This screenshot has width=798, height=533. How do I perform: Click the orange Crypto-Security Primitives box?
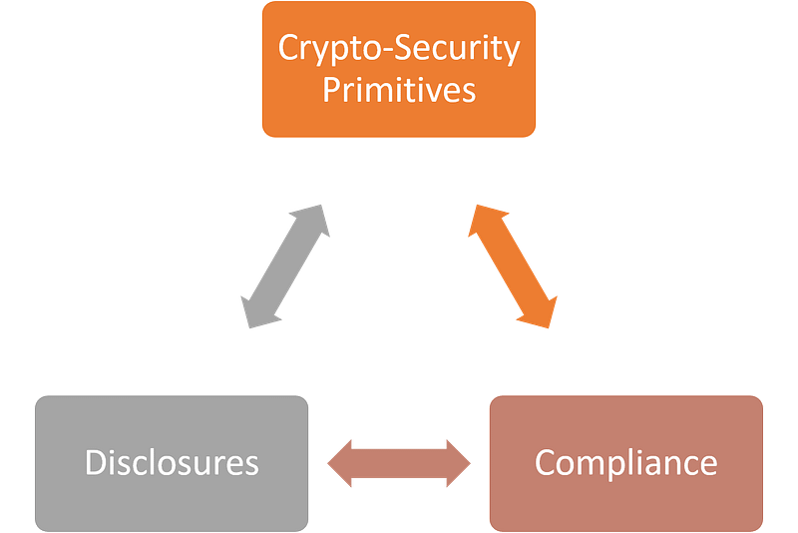click(x=398, y=69)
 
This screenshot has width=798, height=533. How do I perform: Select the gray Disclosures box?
click(x=172, y=463)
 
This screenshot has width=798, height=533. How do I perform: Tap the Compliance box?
click(x=626, y=463)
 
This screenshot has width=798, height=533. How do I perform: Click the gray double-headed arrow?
click(x=285, y=266)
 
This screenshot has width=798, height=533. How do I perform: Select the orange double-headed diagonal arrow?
click(x=513, y=266)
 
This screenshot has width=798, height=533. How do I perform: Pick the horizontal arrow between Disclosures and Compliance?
click(x=399, y=463)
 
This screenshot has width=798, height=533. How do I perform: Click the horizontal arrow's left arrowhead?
click(x=339, y=463)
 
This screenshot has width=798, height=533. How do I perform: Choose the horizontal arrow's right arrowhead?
click(x=459, y=463)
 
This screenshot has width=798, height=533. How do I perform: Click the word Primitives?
click(x=399, y=90)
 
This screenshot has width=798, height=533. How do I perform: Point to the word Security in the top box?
click(x=457, y=49)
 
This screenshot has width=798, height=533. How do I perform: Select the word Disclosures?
click(x=172, y=462)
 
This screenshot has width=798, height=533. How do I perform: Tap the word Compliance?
click(x=626, y=464)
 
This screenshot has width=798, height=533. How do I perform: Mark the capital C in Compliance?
click(x=545, y=462)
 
